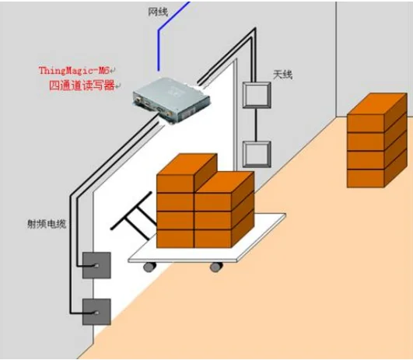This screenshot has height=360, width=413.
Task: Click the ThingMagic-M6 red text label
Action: (x=74, y=71)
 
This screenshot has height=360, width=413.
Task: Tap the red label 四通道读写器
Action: (x=82, y=86)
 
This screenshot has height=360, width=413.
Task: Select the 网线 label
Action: (x=158, y=12)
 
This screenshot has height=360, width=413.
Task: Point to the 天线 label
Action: (x=282, y=75)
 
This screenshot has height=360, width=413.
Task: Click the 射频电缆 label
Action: (x=47, y=224)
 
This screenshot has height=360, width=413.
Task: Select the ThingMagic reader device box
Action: (x=171, y=100)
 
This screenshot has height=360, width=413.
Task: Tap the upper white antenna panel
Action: (x=257, y=95)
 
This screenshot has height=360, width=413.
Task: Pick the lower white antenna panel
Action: (x=257, y=154)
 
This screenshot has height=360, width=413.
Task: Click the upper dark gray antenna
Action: (x=96, y=265)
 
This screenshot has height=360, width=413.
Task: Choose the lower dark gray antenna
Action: (x=96, y=312)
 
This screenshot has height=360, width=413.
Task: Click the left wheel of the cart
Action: (x=149, y=267)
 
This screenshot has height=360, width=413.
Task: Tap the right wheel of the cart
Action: (x=216, y=267)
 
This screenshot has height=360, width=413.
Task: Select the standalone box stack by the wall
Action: (x=376, y=141)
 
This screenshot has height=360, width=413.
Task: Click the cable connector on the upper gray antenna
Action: (x=96, y=266)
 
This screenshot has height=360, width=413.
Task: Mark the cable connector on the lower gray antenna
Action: (x=96, y=313)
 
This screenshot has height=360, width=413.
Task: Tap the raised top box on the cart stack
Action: (x=187, y=173)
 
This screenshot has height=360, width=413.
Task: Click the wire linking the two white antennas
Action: (x=255, y=124)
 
